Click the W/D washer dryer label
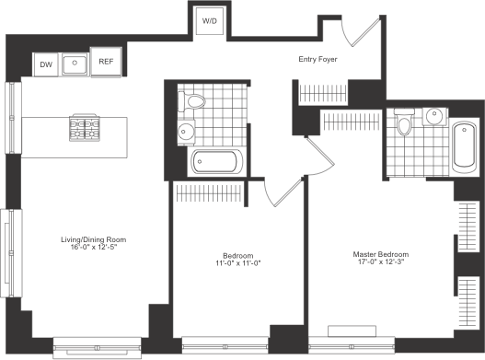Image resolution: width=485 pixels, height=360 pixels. [x=210, y=21]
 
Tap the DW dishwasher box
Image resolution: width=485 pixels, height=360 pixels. [x=46, y=64]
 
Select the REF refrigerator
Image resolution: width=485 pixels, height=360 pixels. [x=106, y=62]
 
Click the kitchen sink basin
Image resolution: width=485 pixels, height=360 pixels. [x=75, y=64]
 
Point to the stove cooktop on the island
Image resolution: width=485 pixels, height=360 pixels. [x=85, y=128]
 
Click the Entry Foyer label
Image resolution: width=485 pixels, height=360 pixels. [x=318, y=59]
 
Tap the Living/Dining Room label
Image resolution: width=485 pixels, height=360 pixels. [x=94, y=239]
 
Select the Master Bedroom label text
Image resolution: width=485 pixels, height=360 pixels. [x=381, y=254]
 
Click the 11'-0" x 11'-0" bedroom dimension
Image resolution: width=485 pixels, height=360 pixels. [x=238, y=263]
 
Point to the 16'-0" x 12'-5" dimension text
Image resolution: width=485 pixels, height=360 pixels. [x=94, y=248]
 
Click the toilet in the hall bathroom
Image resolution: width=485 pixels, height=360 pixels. [x=191, y=101]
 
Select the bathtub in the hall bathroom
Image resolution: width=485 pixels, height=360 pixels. [x=217, y=161]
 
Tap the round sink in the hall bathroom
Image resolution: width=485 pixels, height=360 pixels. [x=186, y=132]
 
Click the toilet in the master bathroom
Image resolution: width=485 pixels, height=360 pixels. [x=404, y=122]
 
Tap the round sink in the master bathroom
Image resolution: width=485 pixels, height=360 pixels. [x=434, y=116]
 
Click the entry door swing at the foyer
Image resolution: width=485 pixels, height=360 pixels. [x=361, y=31]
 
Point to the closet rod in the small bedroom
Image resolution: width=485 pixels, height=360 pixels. [x=209, y=193]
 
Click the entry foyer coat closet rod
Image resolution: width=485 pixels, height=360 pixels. [x=323, y=93]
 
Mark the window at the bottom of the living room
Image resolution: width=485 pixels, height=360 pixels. [x=98, y=348]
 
